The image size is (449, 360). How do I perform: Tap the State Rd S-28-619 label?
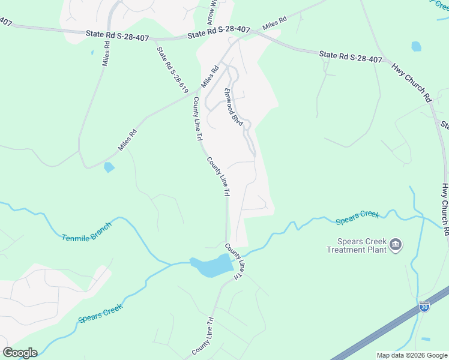point(172,70)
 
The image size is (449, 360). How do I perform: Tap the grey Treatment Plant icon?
point(396,244)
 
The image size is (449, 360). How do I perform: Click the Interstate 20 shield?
point(424,307)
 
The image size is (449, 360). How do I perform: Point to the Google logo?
point(20,353)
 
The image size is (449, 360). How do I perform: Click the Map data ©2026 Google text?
point(412,355)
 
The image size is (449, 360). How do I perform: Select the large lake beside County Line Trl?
point(211,265)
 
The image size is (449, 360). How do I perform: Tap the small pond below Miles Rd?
point(109,167)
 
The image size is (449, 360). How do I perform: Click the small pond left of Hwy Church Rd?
point(416,46)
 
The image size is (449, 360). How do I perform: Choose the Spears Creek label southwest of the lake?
point(101,313)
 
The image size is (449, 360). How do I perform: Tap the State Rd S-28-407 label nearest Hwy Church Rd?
point(351,57)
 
